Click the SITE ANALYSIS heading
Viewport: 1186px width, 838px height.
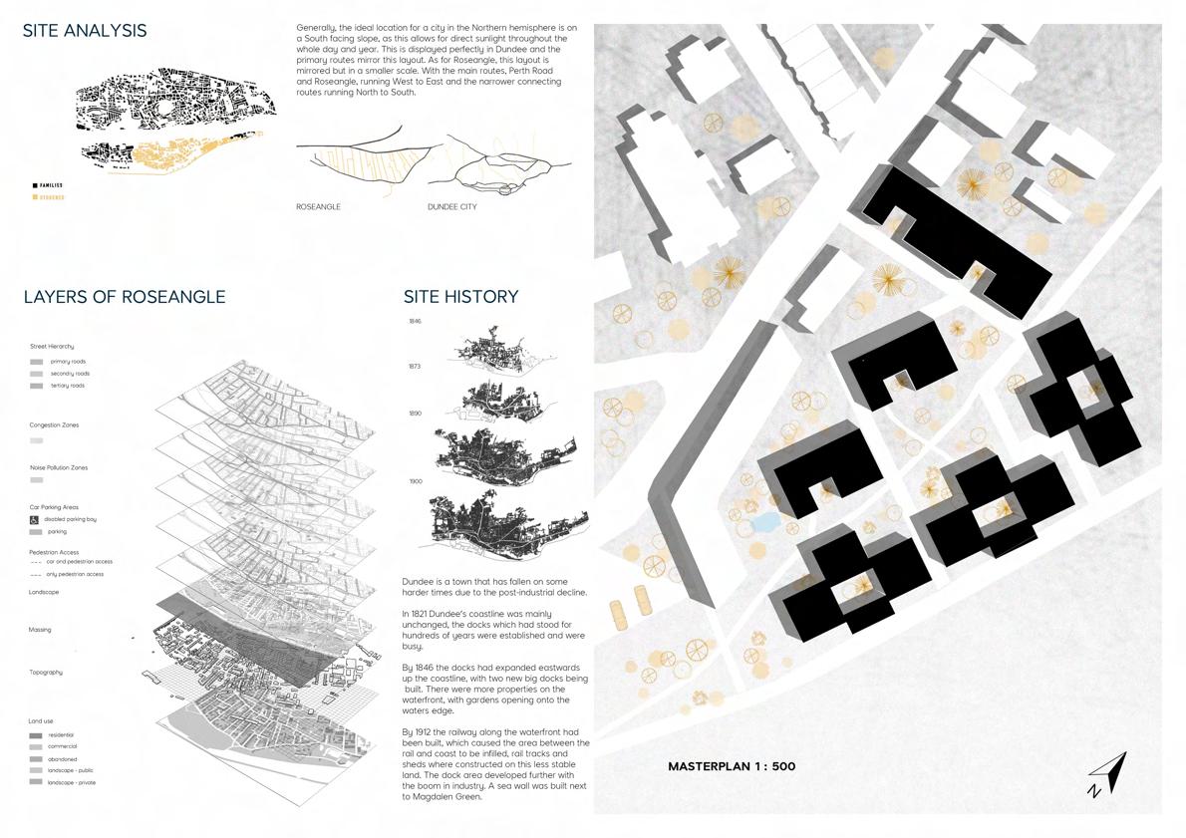(x=85, y=31)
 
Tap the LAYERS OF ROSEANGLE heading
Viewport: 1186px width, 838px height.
(x=125, y=297)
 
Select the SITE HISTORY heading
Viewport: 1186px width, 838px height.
(x=460, y=297)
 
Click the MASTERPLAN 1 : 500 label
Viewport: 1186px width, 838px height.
(x=732, y=766)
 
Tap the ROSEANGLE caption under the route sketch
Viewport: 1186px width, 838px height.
(x=318, y=207)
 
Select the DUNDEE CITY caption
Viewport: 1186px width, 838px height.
(x=451, y=207)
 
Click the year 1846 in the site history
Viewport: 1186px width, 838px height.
(x=415, y=322)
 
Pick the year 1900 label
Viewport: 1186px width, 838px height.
(x=415, y=481)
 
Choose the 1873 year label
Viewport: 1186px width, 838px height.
(x=415, y=367)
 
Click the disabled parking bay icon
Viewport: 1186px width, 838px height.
(x=36, y=520)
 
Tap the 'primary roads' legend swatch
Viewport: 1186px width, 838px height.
(x=36, y=362)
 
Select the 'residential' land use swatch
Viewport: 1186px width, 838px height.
(x=36, y=734)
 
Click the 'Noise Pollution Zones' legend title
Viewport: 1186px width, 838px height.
(x=58, y=467)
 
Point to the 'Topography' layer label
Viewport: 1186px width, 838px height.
(x=46, y=673)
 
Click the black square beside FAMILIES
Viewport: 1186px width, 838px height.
(x=35, y=185)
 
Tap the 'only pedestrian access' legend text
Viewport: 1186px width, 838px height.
(x=76, y=575)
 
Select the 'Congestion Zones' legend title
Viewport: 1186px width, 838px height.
(x=54, y=425)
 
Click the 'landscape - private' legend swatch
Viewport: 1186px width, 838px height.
(x=36, y=782)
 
